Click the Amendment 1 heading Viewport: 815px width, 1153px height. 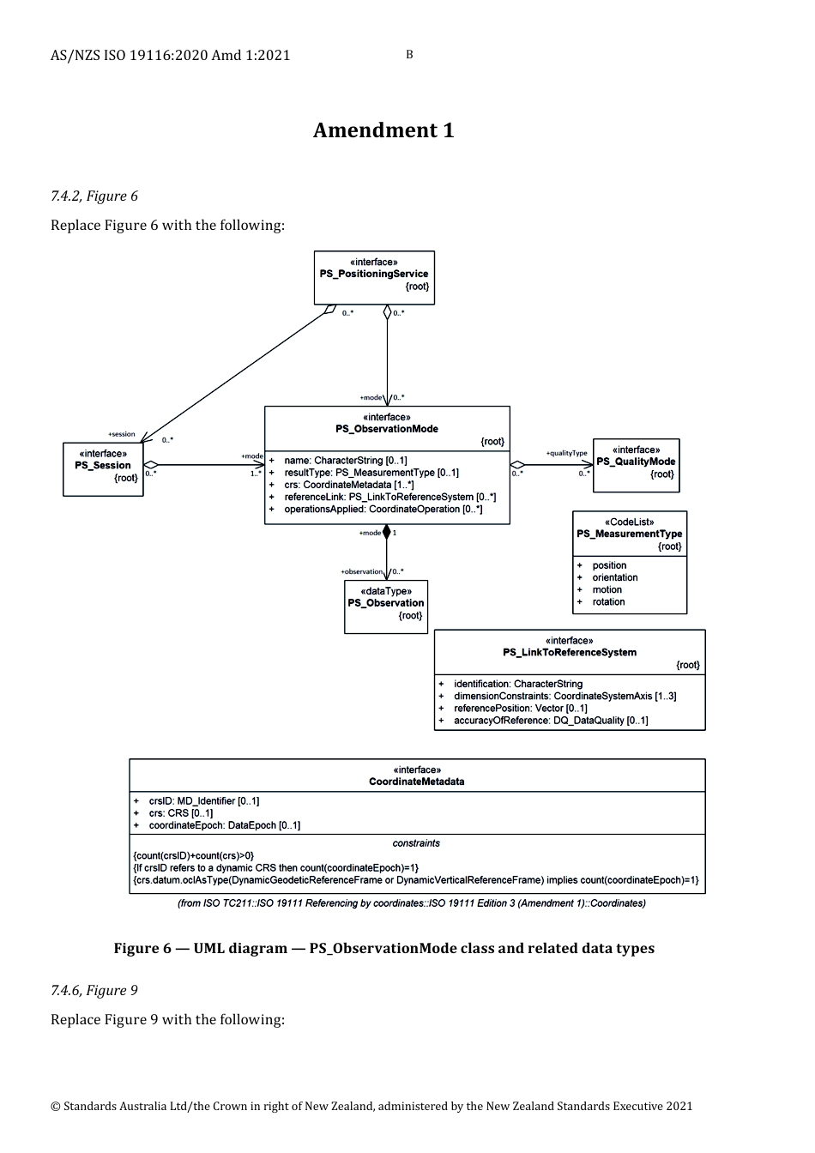tap(383, 130)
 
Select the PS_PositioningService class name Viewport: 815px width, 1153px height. tap(373, 275)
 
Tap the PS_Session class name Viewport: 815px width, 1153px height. tap(103, 466)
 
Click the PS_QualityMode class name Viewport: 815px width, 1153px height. tap(636, 462)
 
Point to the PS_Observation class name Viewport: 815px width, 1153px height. tap(386, 603)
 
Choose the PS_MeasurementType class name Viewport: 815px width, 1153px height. tap(629, 534)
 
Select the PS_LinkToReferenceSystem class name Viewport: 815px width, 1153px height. tap(570, 652)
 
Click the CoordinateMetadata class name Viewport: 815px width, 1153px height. tap(417, 782)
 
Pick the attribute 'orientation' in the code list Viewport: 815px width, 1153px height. tap(614, 577)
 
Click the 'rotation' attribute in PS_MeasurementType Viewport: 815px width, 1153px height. tap(608, 601)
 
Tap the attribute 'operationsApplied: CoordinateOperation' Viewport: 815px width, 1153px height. tap(383, 510)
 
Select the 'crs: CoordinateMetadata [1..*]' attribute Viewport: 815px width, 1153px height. tap(349, 485)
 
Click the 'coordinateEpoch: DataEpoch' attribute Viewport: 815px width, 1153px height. tap(224, 825)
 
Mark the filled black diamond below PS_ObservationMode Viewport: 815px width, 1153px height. tap(387, 533)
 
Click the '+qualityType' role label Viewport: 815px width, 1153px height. tap(566, 453)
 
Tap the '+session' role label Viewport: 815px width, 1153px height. tap(121, 434)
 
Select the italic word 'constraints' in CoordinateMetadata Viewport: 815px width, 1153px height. tap(416, 843)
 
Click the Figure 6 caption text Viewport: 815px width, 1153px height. tap(383, 948)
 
